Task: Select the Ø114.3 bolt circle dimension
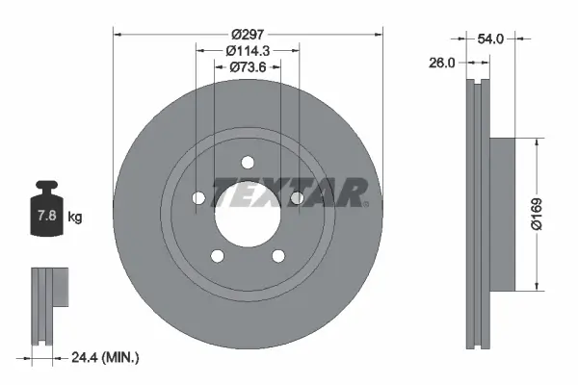point(248,49)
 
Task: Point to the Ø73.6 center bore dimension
point(248,66)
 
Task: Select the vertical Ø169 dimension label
point(548,214)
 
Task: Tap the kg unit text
point(74,218)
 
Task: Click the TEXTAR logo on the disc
point(290,192)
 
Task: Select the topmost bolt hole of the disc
point(248,162)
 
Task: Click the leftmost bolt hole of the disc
point(198,198)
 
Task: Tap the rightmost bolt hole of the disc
point(297,198)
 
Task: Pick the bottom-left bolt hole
point(217,255)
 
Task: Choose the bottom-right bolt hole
point(278,255)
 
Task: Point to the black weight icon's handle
point(46,186)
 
